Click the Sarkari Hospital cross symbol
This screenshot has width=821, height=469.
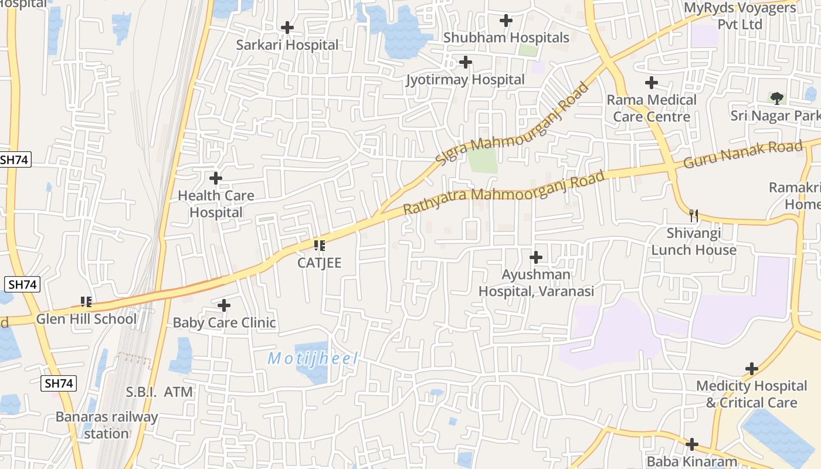(x=287, y=28)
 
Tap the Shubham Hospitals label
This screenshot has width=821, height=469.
(x=506, y=38)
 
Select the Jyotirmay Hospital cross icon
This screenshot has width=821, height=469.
(x=466, y=62)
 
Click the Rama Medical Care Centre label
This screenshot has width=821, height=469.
(x=652, y=108)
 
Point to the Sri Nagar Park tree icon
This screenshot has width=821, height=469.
(x=777, y=98)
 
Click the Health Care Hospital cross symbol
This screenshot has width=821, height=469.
(x=216, y=178)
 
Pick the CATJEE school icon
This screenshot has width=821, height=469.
(x=319, y=245)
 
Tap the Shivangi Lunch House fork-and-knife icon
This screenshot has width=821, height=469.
(x=694, y=215)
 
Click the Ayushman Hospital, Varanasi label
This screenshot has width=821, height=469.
(x=536, y=283)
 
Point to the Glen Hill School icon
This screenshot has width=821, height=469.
(x=86, y=302)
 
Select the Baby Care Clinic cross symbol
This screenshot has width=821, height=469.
(x=224, y=305)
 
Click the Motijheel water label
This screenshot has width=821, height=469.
(x=313, y=359)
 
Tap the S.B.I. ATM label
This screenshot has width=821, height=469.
(x=160, y=392)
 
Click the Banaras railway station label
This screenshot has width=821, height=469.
(x=107, y=426)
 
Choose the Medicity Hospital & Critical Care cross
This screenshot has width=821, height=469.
(x=752, y=369)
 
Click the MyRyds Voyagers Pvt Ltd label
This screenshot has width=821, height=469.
(x=741, y=16)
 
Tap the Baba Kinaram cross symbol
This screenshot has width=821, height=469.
(x=692, y=444)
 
